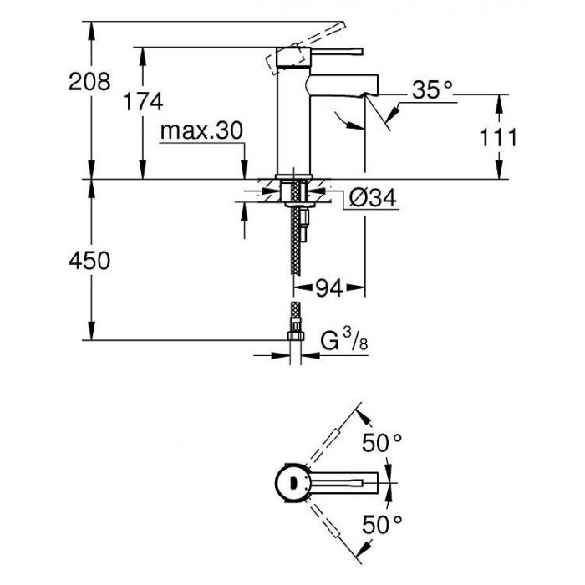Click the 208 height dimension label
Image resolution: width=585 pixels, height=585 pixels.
[89, 81]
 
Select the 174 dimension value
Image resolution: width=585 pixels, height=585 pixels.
[143, 101]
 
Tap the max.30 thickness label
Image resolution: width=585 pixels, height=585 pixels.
[201, 130]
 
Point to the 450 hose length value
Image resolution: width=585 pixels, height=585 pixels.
[89, 260]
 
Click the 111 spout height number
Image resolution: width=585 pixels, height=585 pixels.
[498, 137]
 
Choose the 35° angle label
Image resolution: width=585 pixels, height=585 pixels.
[432, 89]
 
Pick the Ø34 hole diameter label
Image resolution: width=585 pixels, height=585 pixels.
[373, 197]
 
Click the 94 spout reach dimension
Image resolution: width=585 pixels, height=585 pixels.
[329, 287]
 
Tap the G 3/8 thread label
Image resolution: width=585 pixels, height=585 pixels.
[344, 341]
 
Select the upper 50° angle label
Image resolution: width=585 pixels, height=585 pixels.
[383, 443]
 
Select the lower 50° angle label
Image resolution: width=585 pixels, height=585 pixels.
[383, 524]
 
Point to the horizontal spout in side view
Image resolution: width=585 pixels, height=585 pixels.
[342, 84]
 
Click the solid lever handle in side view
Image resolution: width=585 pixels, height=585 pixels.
[336, 52]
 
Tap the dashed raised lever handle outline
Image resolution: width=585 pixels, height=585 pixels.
[307, 48]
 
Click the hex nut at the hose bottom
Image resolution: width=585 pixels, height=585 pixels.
[296, 336]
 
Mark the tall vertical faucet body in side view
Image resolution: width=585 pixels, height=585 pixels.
[293, 112]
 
